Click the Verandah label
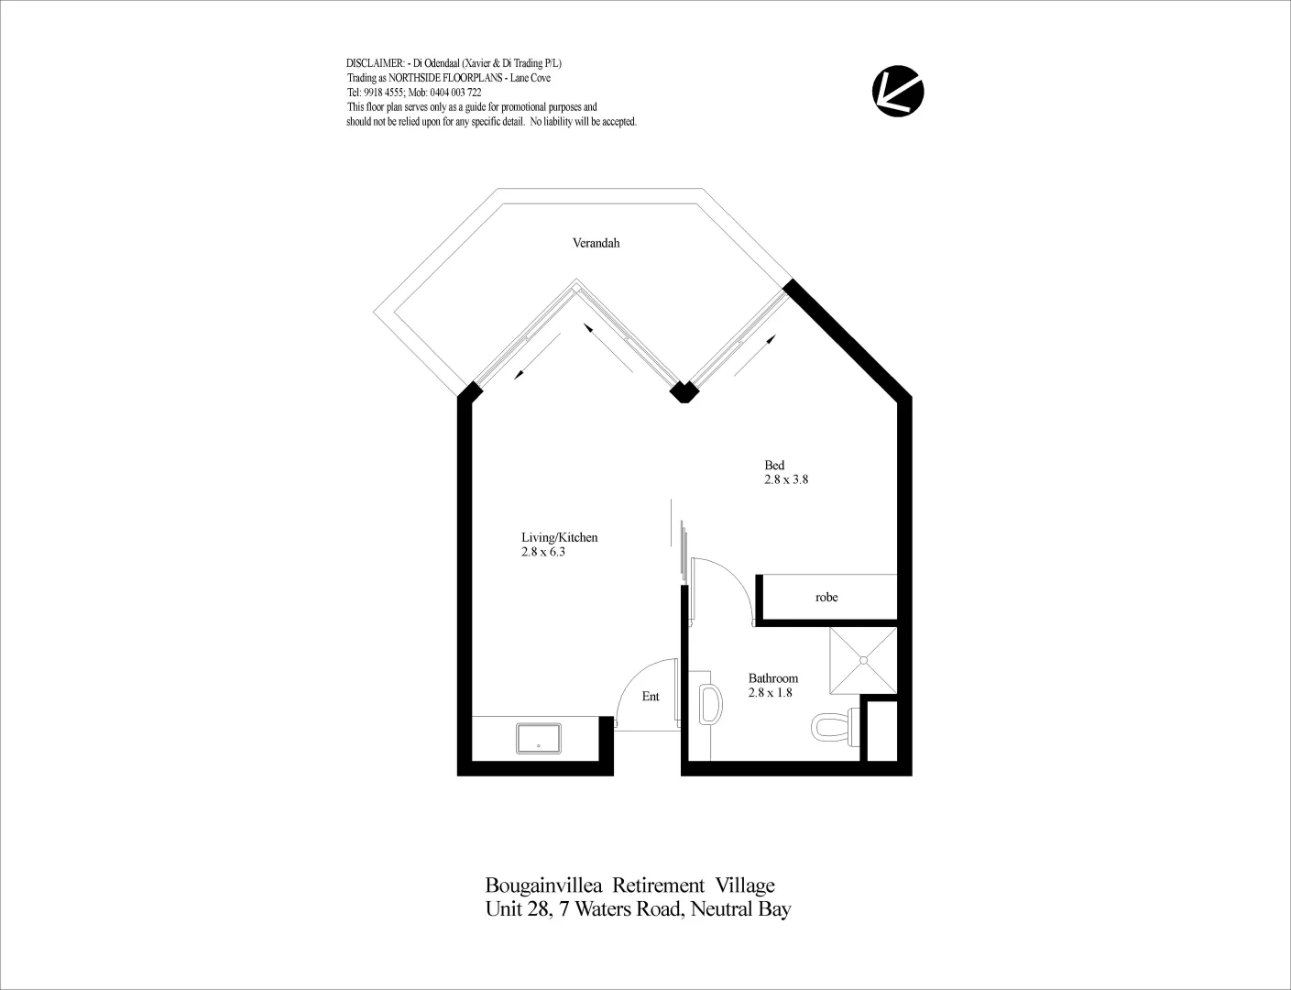[x=596, y=243]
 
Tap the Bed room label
[x=774, y=465]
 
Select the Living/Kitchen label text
[x=559, y=537]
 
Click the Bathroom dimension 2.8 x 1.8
[x=770, y=693]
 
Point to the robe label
[x=826, y=598]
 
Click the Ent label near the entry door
[x=651, y=697]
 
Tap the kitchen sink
[x=539, y=738]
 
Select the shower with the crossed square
[x=862, y=660]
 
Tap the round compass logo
[x=897, y=91]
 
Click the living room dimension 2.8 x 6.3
[x=542, y=552]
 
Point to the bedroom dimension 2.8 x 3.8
[x=786, y=479]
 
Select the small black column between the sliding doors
[x=683, y=391]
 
